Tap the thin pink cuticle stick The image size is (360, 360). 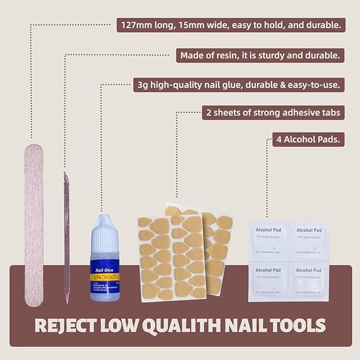[67, 239]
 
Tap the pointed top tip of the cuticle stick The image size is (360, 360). [66, 174]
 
